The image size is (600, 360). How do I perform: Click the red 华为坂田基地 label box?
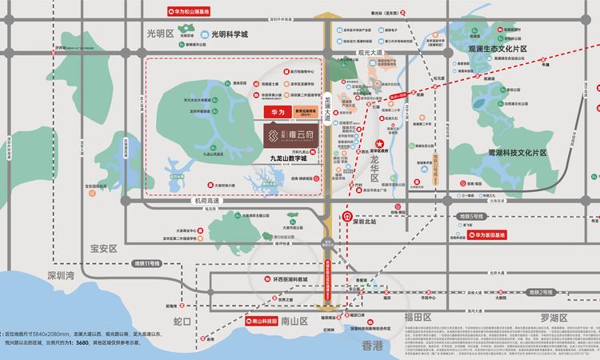500,235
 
